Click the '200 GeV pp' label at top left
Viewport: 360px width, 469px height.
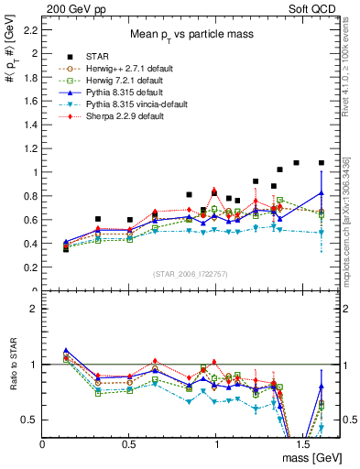(x=71, y=7)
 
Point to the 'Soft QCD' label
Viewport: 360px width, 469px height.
(x=314, y=7)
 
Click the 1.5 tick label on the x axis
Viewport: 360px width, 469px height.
(x=303, y=443)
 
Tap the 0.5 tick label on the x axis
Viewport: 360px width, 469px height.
(x=129, y=443)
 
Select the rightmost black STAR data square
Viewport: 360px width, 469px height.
(x=321, y=163)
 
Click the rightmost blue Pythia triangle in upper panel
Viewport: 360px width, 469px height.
(x=321, y=193)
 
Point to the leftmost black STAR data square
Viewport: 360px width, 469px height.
(x=66, y=248)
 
